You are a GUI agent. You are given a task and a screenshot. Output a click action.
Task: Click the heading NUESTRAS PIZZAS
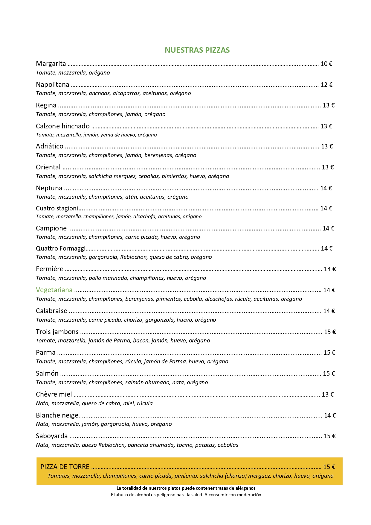coord(197,50)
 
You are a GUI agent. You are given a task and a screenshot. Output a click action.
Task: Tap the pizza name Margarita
coord(51,63)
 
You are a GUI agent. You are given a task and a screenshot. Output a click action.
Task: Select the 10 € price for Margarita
coord(326,63)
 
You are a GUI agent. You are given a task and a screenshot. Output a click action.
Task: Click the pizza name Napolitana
coord(52,85)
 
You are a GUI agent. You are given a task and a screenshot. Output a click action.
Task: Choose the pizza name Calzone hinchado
coord(62,126)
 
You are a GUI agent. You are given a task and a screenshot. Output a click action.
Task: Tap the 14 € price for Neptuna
coord(326,188)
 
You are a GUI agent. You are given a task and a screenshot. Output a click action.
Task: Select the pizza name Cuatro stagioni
coord(57,208)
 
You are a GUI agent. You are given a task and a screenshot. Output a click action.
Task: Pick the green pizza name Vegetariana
coord(54,290)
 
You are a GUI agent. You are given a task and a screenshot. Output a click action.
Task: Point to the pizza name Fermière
coord(50,269)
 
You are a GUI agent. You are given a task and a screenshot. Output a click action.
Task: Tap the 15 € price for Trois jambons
coord(330,332)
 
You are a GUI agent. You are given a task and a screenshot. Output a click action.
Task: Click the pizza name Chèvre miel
coord(54,394)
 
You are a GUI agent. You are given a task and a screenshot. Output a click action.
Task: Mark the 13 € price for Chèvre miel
coord(327,394)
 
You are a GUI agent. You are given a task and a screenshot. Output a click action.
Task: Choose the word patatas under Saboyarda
coord(205,445)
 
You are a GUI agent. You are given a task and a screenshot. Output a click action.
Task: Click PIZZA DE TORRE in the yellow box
coord(65,467)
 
